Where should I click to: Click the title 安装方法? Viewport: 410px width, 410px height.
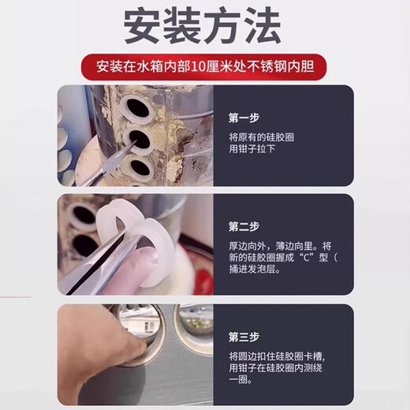point(203,25)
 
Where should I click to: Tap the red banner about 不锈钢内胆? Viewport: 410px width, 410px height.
point(204,67)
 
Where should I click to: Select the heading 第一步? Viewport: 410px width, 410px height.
point(244,118)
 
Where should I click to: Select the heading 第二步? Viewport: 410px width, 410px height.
point(244,226)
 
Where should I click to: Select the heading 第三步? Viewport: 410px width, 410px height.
point(244,337)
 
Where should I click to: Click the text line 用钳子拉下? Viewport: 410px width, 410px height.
point(252,149)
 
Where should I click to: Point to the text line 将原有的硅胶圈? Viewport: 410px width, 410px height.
point(261,137)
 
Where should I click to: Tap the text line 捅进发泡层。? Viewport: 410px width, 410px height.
point(255,269)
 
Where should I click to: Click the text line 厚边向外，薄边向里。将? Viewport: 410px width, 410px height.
point(280,246)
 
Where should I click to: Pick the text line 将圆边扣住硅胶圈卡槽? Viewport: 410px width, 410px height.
point(277,356)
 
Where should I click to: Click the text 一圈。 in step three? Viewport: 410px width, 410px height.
point(240,380)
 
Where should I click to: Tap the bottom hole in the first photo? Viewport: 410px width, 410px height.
point(140,167)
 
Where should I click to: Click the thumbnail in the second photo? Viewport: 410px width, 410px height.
point(146,254)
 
